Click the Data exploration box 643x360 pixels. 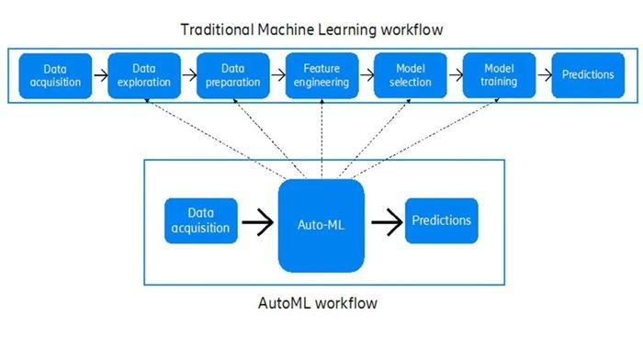coord(143,75)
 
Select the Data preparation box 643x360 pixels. coord(232,75)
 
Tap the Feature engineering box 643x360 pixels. coord(321,75)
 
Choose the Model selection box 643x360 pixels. coord(410,75)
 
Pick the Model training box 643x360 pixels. coord(499,75)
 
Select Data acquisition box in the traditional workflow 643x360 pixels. coord(55,75)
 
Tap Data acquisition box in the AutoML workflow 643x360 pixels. coord(201,221)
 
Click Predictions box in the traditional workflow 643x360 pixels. coord(588,75)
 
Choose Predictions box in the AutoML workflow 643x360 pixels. coord(442,220)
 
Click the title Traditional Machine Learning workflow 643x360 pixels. coord(321,29)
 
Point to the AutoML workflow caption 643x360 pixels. coord(321,302)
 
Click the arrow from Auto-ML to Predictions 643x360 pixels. coord(385,221)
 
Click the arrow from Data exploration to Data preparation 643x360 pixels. coord(188,75)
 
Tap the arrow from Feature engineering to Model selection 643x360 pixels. coord(366,75)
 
